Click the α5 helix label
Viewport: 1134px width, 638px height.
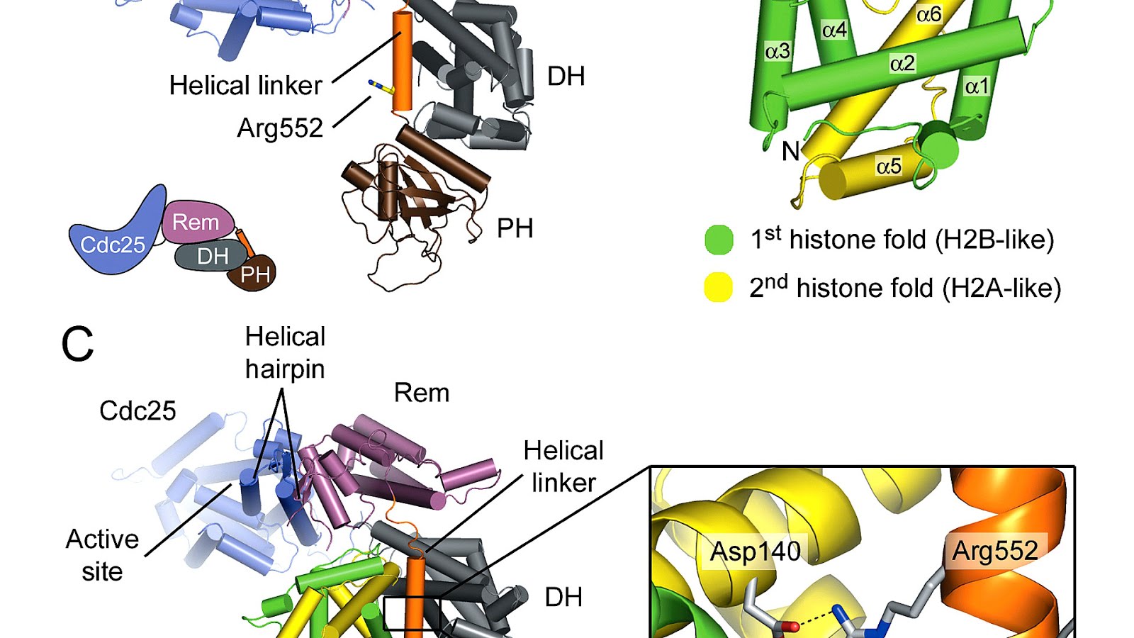click(889, 167)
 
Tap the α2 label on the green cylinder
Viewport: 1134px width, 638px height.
click(902, 64)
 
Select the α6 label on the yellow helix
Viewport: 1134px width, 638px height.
click(928, 14)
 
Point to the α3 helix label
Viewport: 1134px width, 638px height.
click(777, 51)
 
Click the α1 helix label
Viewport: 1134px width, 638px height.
click(977, 86)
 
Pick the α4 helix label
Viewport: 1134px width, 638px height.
click(834, 30)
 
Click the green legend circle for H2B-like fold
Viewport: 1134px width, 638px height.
click(719, 240)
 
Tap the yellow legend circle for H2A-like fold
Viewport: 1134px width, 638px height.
click(718, 288)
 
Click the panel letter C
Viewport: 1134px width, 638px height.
click(77, 345)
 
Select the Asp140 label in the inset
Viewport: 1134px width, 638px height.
click(756, 552)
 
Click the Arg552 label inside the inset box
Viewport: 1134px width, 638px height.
click(994, 551)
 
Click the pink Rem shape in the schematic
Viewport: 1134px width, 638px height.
click(196, 223)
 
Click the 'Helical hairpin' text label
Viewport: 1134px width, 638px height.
click(285, 352)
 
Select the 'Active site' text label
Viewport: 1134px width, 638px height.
click(102, 555)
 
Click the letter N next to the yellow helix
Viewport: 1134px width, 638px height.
click(790, 151)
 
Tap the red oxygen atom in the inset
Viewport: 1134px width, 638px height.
click(794, 627)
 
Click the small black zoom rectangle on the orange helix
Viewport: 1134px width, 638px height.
click(412, 612)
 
